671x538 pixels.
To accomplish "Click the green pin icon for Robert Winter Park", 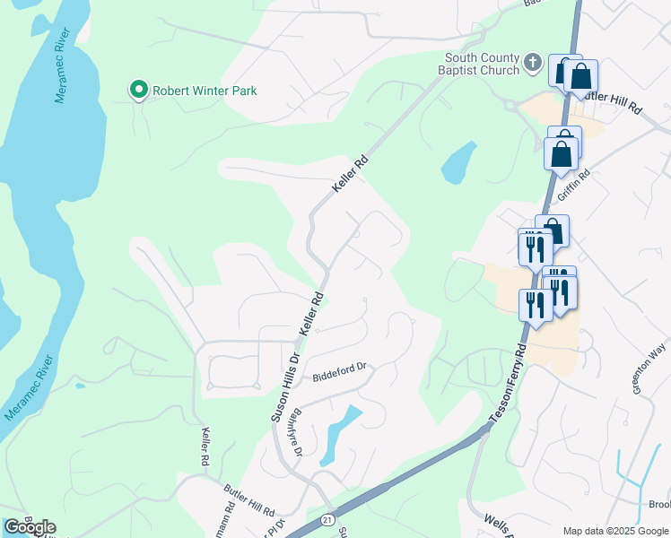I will [138, 90].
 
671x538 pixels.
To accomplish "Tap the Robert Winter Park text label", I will [205, 91].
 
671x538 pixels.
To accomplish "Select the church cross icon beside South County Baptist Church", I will [533, 63].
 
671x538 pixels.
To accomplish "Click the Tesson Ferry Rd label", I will [509, 380].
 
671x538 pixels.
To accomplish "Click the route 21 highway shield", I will [326, 519].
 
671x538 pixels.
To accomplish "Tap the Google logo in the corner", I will [30, 526].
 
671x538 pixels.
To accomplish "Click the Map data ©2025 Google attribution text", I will [615, 530].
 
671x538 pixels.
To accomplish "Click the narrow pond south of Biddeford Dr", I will [338, 431].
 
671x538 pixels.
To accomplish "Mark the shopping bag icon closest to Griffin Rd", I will [561, 153].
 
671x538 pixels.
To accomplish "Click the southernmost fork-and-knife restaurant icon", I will [536, 306].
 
